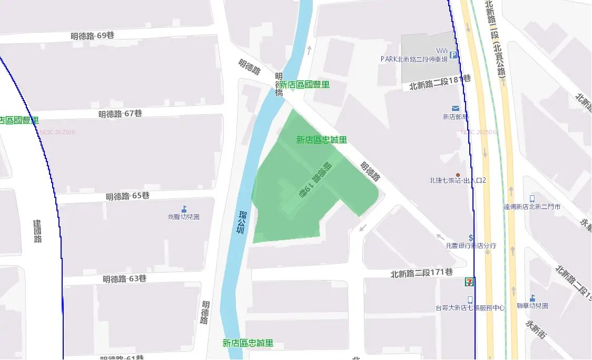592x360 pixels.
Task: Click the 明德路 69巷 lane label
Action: pos(92,36)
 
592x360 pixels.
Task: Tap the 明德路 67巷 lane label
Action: pos(120,114)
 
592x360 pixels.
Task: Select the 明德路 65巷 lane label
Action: pos(127,196)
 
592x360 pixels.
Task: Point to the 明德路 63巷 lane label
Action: pos(124,278)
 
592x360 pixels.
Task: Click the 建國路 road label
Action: pos(37,231)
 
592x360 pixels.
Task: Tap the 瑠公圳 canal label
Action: pos(241,222)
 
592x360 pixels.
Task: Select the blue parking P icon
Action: pos(453,55)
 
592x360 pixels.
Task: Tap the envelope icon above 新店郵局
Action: pos(456,108)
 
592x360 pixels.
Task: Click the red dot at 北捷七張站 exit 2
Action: pos(458,175)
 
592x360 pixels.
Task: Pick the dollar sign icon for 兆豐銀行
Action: pos(471,238)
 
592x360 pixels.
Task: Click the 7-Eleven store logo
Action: pos(468,282)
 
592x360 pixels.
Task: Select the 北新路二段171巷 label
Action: pos(421,273)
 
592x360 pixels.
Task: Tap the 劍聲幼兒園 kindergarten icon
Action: pos(184,209)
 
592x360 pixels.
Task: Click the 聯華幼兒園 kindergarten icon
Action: pos(532,298)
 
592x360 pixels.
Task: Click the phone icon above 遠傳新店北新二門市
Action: pos(532,198)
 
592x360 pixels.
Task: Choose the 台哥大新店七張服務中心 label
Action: pos(470,308)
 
